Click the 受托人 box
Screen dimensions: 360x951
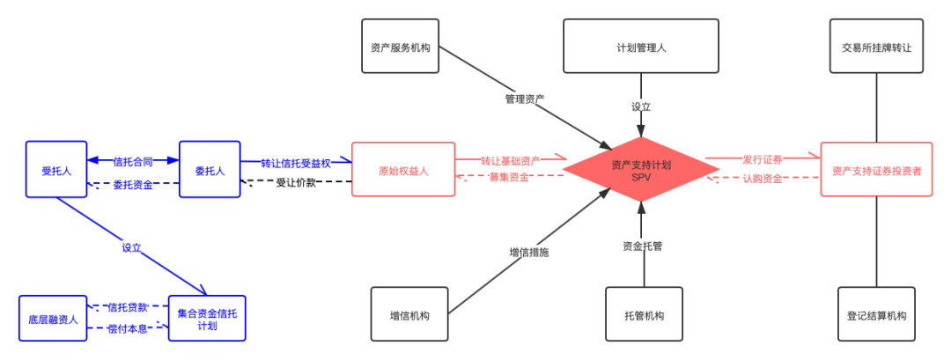point(55,170)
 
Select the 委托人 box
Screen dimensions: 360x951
point(210,170)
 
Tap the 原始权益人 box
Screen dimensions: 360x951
point(403,170)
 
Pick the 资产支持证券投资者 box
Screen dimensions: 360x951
point(876,170)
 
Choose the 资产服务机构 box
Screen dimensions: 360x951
point(400,47)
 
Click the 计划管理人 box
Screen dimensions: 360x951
point(641,47)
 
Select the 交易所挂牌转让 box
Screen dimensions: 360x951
point(876,47)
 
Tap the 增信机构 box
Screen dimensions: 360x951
point(409,315)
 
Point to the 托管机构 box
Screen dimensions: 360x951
point(644,315)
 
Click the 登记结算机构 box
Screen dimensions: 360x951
point(876,315)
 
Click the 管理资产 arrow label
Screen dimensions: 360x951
point(525,99)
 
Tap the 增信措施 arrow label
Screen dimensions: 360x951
point(529,252)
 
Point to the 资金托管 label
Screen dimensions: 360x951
point(642,246)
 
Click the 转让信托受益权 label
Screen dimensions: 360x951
point(296,163)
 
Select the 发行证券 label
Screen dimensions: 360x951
point(763,159)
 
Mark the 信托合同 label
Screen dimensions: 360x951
point(133,161)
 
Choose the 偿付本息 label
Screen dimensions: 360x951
point(129,328)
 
